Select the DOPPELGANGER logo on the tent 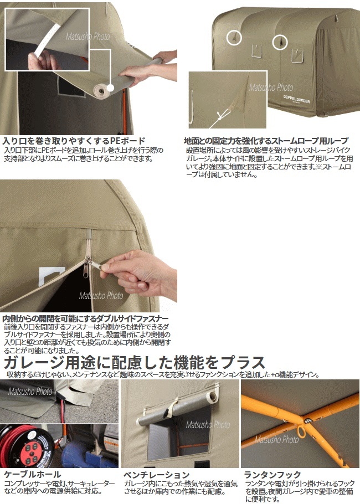pos(296,99)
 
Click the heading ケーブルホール pos(32,474)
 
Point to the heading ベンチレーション pos(157,475)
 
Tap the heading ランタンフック pos(272,475)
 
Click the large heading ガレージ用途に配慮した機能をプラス pos(134,363)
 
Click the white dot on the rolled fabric pos(110,87)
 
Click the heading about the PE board pos(74,141)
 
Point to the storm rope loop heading pos(266,141)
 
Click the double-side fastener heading pos(85,318)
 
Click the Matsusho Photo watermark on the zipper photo pos(101,295)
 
